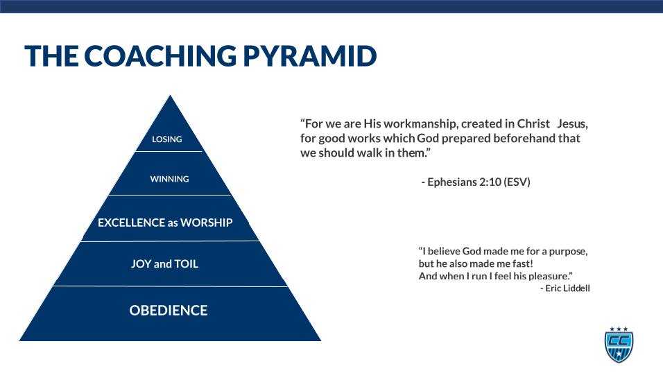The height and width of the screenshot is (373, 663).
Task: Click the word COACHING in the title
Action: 161,56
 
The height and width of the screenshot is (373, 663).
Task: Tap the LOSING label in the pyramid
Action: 167,139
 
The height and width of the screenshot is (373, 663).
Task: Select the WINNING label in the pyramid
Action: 169,179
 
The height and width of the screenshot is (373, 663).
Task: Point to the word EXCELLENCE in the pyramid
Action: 131,223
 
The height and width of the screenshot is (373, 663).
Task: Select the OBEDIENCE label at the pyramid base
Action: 169,311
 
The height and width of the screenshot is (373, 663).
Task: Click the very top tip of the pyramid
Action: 171,97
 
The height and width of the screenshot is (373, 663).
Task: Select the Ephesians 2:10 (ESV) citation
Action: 476,182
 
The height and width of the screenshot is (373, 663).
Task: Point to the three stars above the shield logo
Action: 619,329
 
